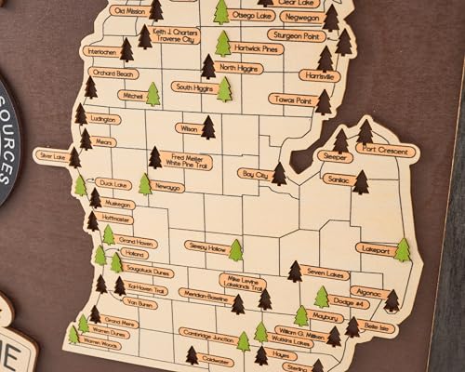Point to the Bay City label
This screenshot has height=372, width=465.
tap(253, 174)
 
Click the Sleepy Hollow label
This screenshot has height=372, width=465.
tap(206, 247)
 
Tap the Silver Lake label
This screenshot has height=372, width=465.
tap(51, 156)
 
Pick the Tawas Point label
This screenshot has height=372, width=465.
tap(290, 100)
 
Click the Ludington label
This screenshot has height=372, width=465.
tap(103, 120)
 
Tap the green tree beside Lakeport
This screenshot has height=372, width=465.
tap(402, 249)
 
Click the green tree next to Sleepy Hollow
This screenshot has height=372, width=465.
tap(236, 250)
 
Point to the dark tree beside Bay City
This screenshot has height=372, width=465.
tap(279, 174)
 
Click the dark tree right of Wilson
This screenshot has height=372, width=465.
tap(208, 127)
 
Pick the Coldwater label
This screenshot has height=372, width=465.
tap(216, 360)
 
